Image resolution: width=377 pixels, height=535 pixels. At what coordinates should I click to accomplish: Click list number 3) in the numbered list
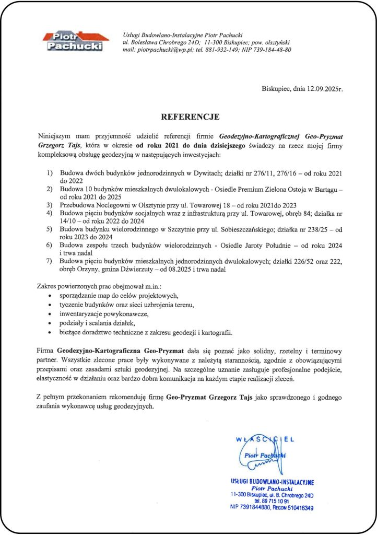pos(50,205)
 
